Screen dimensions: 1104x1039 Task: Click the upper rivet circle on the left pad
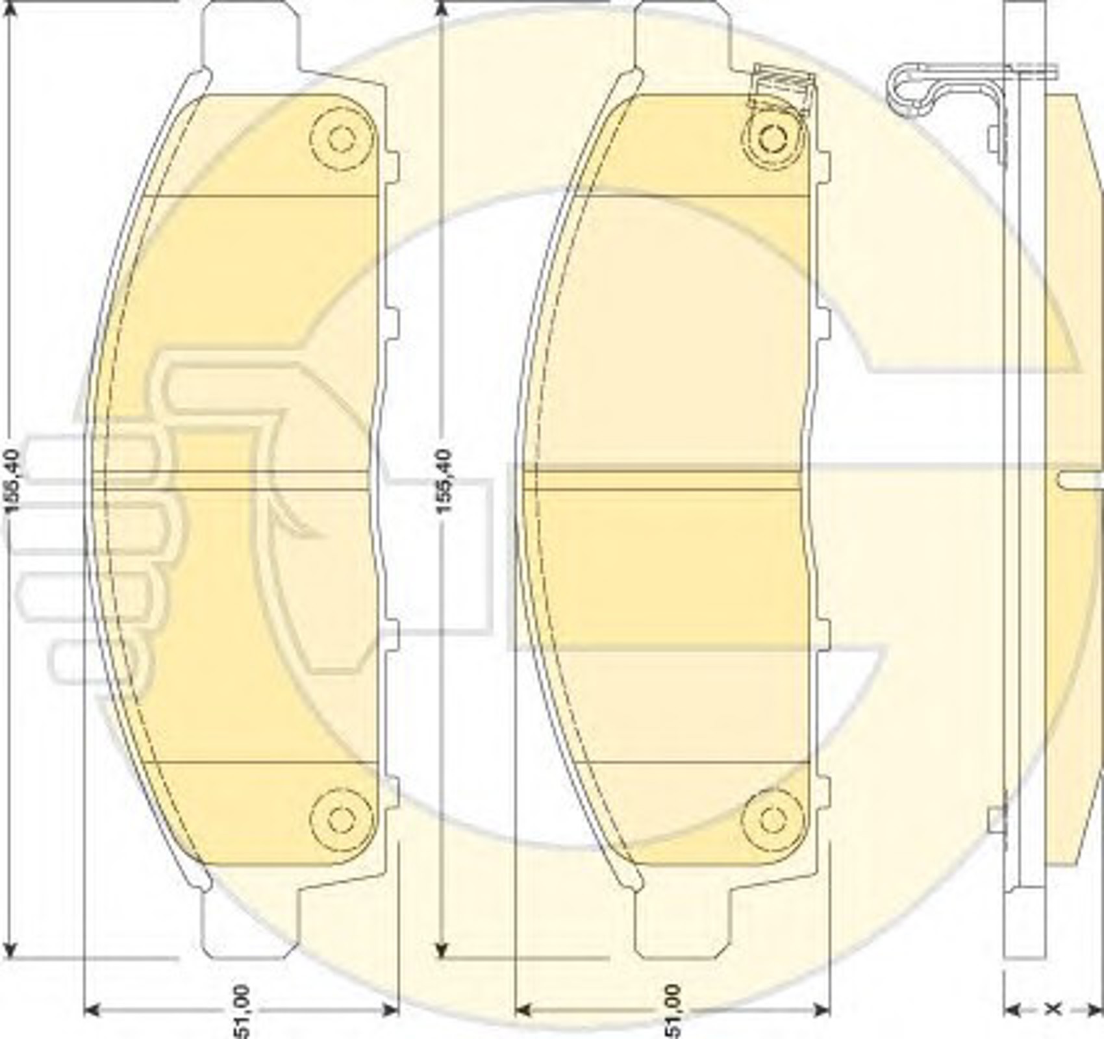tap(342, 138)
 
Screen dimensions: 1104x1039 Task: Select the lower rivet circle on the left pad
tap(342, 820)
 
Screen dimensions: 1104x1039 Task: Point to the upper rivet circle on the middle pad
tap(773, 138)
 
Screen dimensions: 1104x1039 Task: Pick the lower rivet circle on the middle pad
tap(773, 820)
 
